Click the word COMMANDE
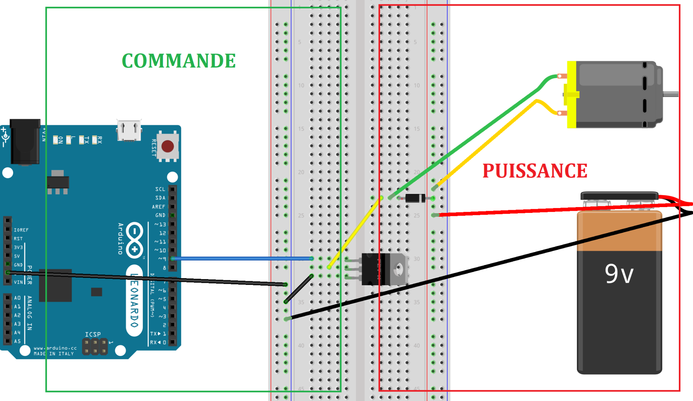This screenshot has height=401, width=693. (179, 61)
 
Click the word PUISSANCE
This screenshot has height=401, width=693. (535, 171)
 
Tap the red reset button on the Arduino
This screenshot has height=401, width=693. (167, 147)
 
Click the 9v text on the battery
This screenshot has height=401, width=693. (619, 274)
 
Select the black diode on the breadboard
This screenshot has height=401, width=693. (415, 198)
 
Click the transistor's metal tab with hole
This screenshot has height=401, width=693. (398, 269)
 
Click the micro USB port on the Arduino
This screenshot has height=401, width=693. (129, 130)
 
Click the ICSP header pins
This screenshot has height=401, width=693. (95, 347)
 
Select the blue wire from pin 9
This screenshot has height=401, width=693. (242, 259)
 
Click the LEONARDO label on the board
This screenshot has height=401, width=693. (134, 300)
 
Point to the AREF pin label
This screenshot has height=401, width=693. (158, 207)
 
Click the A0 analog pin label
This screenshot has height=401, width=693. (17, 298)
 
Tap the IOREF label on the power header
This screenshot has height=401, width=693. (21, 230)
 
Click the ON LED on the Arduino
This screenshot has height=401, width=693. (56, 140)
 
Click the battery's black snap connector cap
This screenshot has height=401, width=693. (619, 196)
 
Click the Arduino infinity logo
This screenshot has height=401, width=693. (135, 240)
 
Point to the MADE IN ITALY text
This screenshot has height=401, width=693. (54, 354)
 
